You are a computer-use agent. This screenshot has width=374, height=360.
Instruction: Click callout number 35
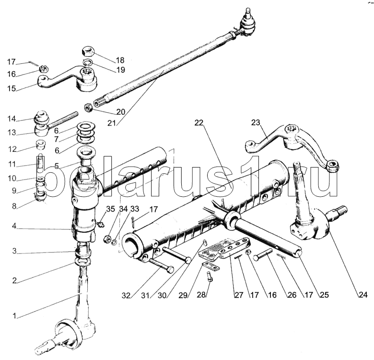[110, 209]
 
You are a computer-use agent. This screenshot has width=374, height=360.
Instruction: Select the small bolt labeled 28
[210, 276]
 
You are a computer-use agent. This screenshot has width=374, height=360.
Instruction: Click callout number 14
[11, 119]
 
